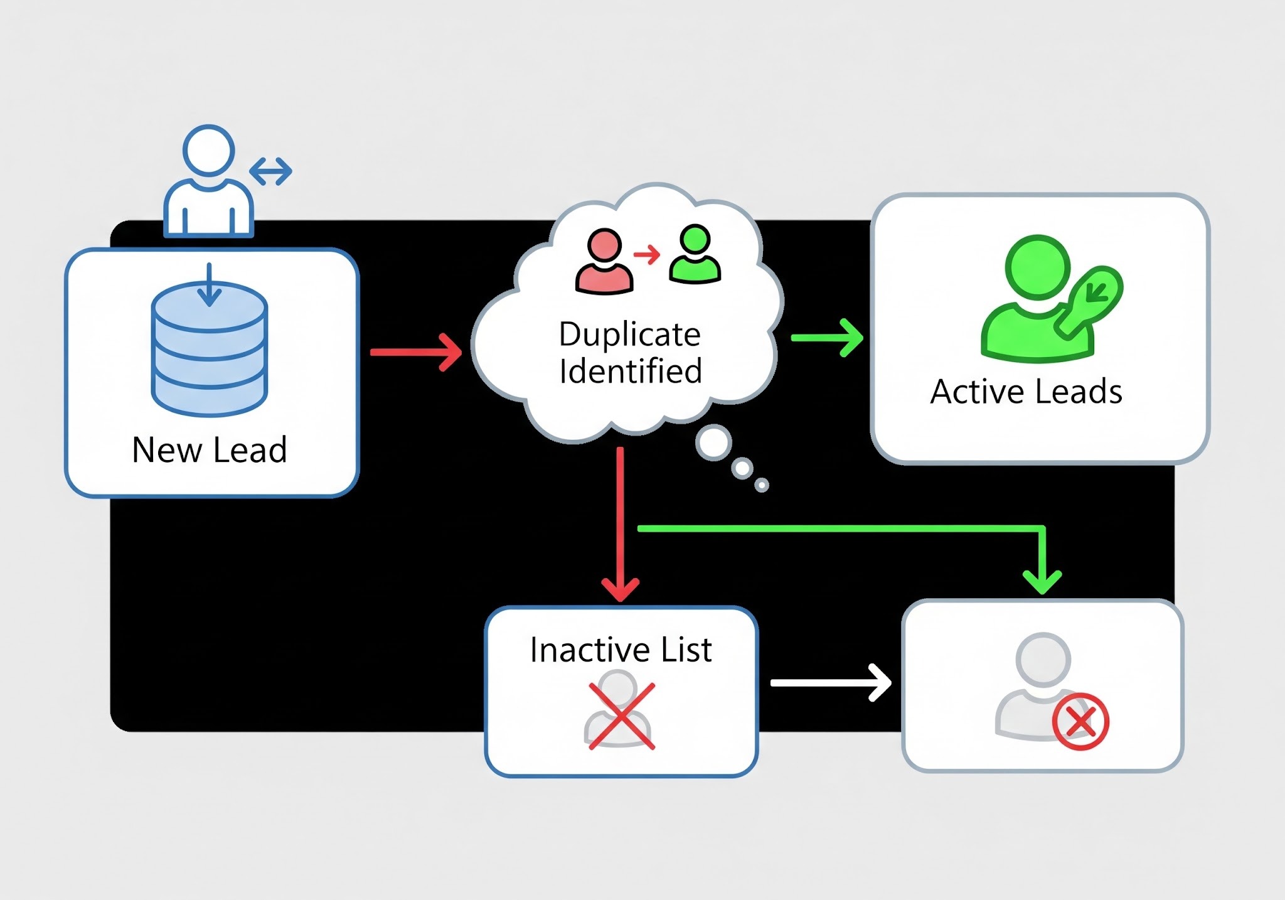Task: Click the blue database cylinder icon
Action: [210, 349]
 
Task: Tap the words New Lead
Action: [210, 450]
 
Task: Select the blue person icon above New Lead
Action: [208, 182]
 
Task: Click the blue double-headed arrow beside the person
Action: [270, 171]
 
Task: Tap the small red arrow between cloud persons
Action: [647, 254]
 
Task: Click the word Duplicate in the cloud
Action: [629, 334]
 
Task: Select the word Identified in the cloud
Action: [630, 370]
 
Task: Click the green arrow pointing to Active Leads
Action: [827, 338]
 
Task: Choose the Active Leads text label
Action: [1026, 392]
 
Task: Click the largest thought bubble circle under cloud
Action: [713, 442]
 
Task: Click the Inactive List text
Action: [621, 650]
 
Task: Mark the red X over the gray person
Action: [621, 716]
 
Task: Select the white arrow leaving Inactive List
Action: [830, 682]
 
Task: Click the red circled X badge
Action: [1080, 722]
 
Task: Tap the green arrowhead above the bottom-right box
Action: [1042, 581]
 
